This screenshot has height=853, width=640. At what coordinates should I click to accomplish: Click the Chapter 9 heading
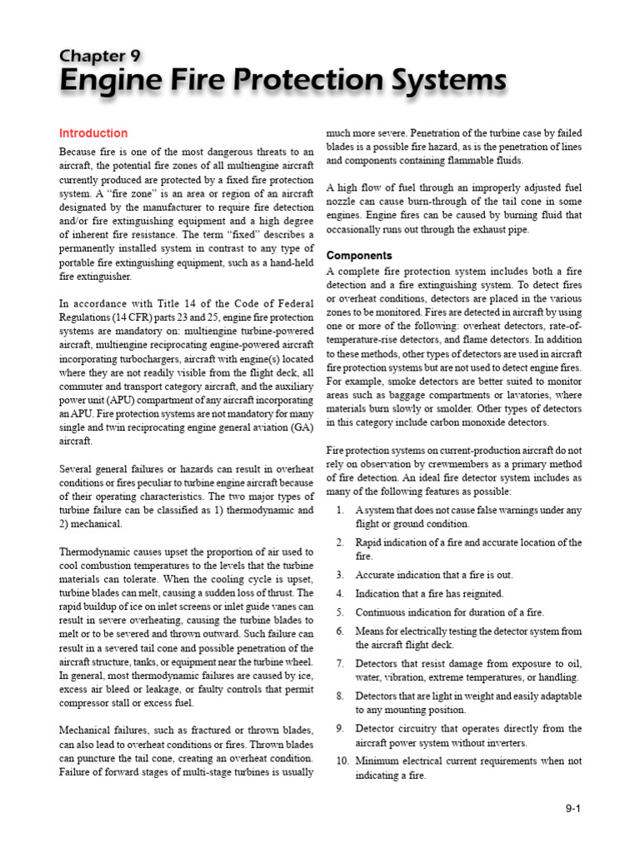99,56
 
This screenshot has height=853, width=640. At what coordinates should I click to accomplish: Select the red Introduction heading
93,133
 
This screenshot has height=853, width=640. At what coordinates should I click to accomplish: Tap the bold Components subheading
359,255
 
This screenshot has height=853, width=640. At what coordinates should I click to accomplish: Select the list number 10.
342,761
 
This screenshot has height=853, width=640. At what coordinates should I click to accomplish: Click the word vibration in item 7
404,677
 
